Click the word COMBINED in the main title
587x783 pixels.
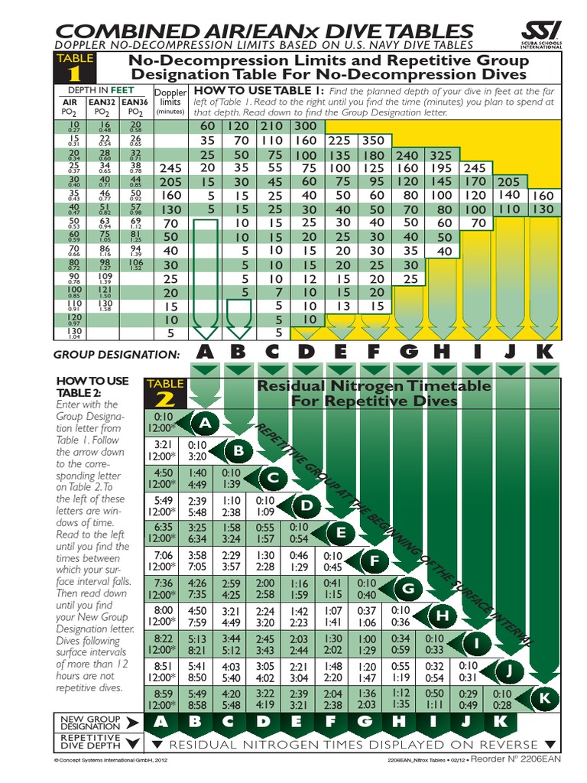[x=122, y=31]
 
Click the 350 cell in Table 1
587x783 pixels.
[x=374, y=141]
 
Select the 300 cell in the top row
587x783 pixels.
[x=305, y=125]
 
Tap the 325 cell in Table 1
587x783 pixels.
[x=441, y=154]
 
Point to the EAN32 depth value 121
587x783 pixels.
[x=103, y=291]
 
